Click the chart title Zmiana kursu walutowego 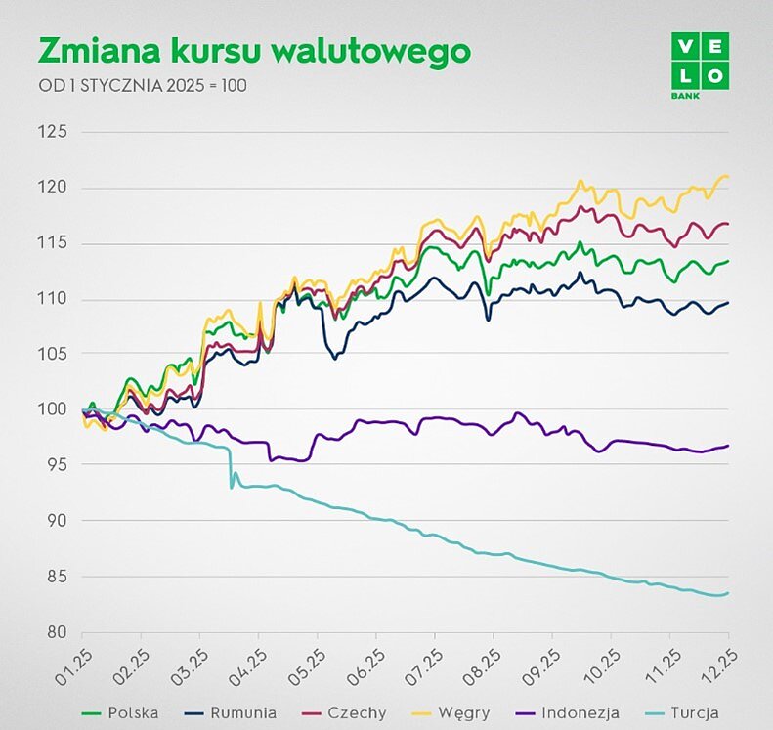(252, 52)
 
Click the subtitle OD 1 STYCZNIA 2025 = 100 (143, 85)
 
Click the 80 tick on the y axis (54, 632)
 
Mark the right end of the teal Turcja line (728, 593)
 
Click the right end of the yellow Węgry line (728, 177)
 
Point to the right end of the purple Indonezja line (728, 446)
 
